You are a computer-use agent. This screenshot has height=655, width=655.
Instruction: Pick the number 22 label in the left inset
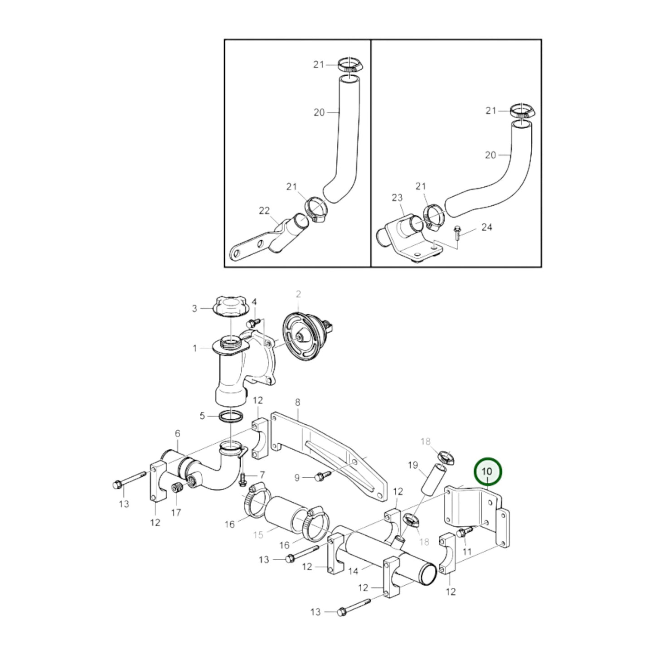[264, 211]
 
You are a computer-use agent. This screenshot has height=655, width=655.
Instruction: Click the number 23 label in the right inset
[397, 198]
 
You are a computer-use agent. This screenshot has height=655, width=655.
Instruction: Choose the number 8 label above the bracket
[298, 402]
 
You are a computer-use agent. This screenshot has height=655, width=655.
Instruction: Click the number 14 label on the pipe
[354, 571]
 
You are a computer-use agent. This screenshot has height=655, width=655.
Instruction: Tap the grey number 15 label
[258, 535]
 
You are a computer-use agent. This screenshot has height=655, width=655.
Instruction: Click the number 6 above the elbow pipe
[177, 434]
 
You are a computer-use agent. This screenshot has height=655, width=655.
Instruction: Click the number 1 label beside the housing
[195, 348]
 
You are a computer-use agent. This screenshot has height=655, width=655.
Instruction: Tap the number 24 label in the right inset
[486, 227]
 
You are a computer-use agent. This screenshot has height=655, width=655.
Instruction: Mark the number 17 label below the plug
[176, 513]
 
